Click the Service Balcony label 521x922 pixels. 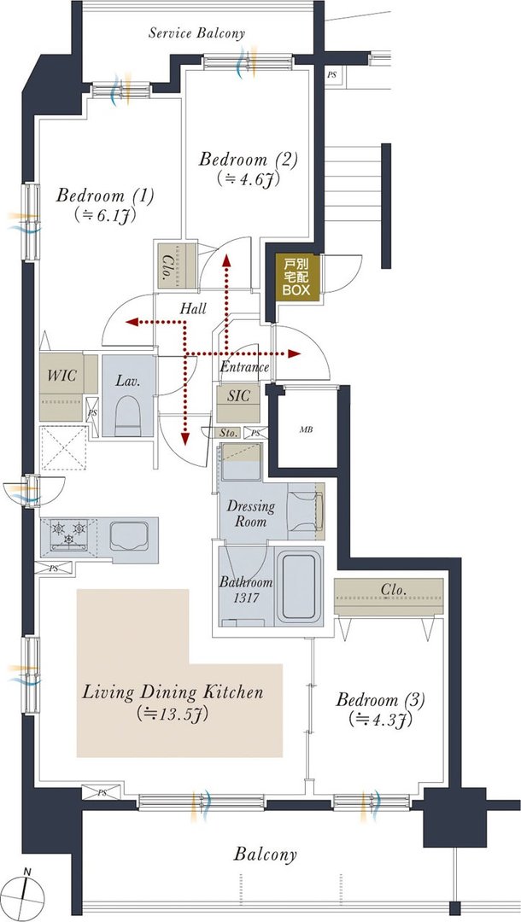coord(196,33)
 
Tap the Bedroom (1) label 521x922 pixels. coord(105,195)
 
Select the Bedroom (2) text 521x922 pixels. coord(249,160)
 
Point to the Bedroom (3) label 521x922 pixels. coord(380,700)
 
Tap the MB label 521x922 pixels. coord(306,429)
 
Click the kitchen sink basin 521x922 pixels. coord(129,535)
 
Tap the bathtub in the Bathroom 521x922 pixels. coord(299,586)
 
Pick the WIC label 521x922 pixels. coord(61,375)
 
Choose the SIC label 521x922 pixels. coord(238,396)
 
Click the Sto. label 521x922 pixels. coord(229,434)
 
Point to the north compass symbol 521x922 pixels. coord(27,895)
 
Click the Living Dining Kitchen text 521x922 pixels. coord(173,691)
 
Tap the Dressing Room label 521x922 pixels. coord(251,513)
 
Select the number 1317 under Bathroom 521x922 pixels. coord(233,595)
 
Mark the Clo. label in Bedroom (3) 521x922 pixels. coord(395,588)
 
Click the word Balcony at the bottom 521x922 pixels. coord(266,855)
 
